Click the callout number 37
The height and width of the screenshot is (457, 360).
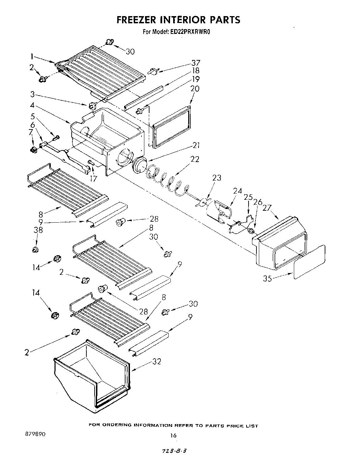click(196, 63)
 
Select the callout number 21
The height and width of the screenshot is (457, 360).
click(196, 145)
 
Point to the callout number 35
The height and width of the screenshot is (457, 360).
click(267, 278)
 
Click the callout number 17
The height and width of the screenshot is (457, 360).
click(93, 178)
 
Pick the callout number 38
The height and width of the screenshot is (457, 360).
click(38, 230)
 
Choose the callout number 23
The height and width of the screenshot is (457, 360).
click(217, 178)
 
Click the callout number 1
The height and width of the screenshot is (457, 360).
click(32, 57)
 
